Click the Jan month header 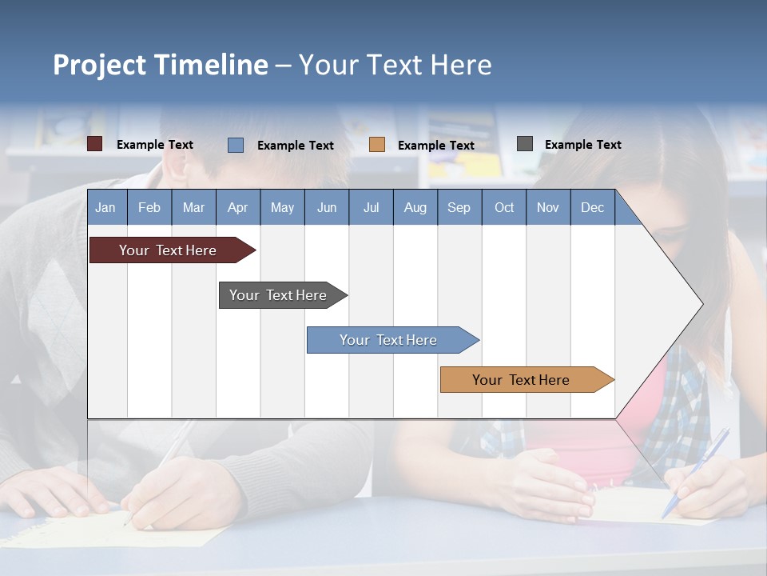105,207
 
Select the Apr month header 237,207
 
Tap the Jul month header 371,207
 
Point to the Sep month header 459,207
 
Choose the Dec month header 592,207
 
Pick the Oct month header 504,207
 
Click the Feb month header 149,207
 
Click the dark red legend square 95,144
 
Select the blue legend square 236,145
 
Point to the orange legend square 377,145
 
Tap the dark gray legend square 525,144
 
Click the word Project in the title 99,65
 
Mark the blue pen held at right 695,472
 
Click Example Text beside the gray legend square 582,144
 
